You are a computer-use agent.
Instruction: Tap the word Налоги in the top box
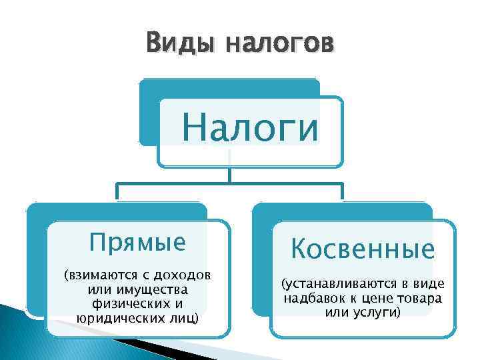coord(251,127)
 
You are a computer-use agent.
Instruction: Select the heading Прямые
coord(138,242)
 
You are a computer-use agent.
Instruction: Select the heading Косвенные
coord(363,249)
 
